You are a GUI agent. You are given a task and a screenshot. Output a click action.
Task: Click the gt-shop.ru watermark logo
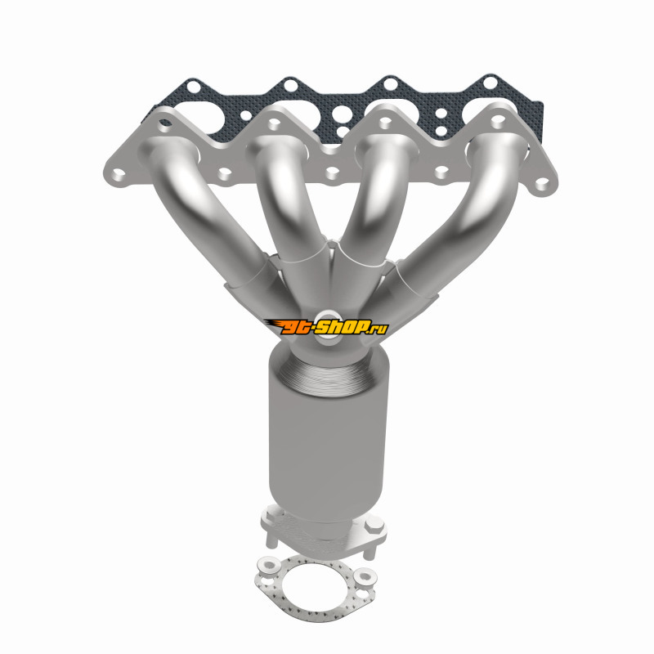(x=326, y=327)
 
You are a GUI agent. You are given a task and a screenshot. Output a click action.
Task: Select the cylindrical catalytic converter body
(x=327, y=434)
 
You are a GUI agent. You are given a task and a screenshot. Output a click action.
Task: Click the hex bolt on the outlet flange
(x=374, y=525)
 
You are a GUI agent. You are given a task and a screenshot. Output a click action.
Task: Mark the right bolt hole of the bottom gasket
(x=365, y=576)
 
